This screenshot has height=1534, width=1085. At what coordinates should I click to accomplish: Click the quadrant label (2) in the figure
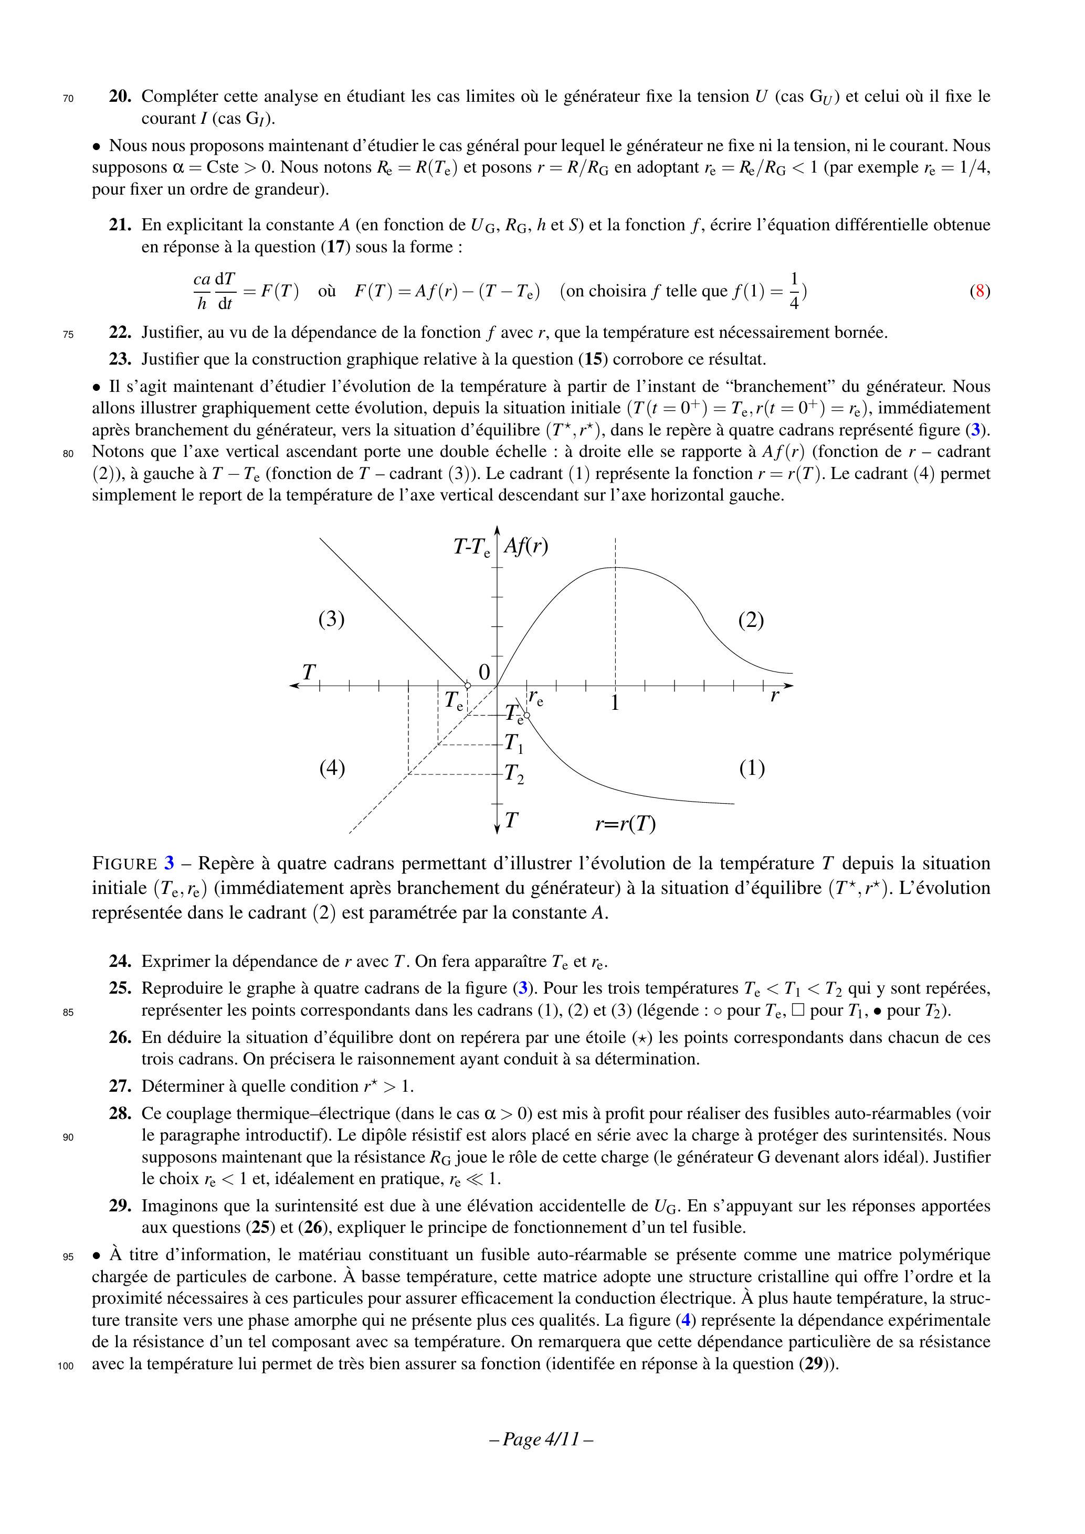point(751,620)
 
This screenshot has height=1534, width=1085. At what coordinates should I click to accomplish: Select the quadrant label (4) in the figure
point(332,769)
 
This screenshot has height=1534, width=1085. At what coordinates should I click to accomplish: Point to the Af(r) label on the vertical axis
point(525,547)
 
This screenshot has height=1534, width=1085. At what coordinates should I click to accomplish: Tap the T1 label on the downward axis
point(514,742)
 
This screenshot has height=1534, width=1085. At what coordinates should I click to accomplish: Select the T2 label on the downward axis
point(514,774)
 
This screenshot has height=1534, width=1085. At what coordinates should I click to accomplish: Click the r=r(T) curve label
point(625,824)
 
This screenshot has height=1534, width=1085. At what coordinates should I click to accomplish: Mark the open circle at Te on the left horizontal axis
point(467,686)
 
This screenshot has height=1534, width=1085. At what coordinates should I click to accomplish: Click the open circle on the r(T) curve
point(527,716)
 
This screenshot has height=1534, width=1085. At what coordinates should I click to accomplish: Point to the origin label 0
point(484,672)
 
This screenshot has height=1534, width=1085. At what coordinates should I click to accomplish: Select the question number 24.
point(120,962)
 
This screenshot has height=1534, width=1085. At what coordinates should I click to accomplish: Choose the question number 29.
point(120,1206)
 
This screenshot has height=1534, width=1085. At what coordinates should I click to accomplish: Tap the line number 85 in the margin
point(68,1012)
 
